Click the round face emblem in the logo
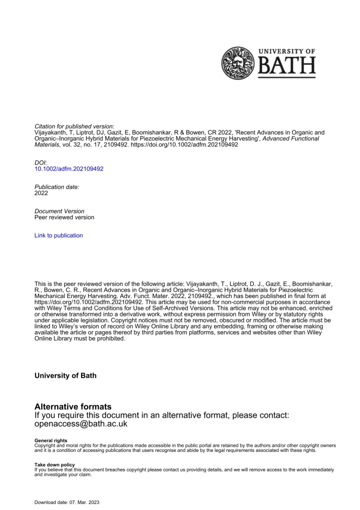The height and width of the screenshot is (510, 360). [237, 63]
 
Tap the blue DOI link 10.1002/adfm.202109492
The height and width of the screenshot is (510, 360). [69, 168]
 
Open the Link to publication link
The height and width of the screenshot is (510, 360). [59, 236]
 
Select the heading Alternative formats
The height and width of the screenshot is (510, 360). [73, 407]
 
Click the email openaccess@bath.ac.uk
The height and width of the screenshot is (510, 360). [81, 424]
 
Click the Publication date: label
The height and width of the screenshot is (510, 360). [57, 187]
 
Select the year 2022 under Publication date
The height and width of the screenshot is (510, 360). [41, 193]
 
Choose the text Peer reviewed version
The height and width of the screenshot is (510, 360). [64, 217]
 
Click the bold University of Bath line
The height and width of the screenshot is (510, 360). [66, 376]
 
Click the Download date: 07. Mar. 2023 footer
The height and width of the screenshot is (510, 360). [67, 502]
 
